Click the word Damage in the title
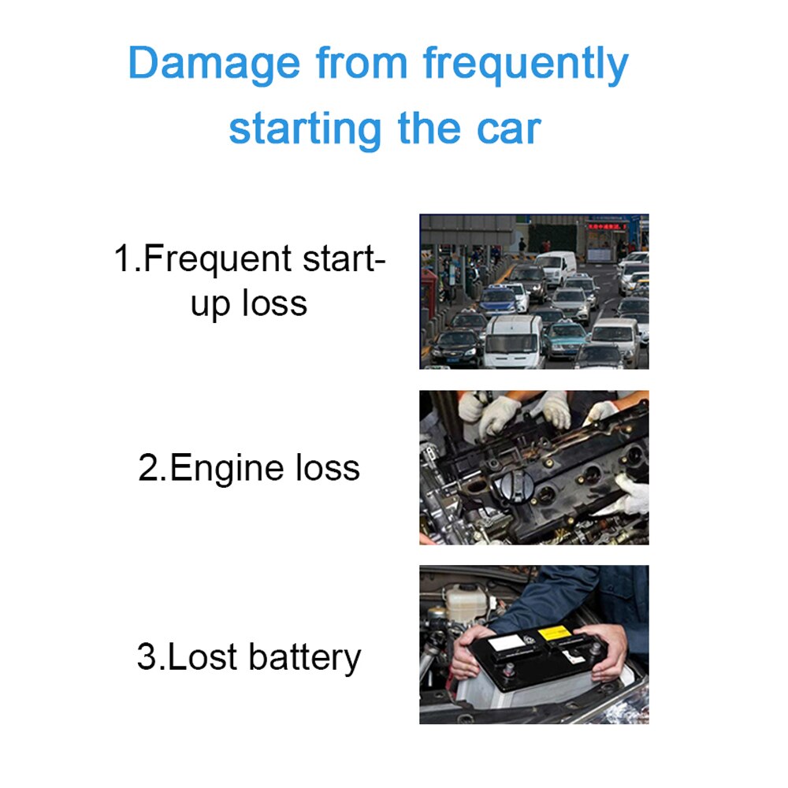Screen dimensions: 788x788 (214, 65)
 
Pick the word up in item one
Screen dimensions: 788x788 (210, 303)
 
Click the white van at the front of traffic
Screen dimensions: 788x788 (512, 340)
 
